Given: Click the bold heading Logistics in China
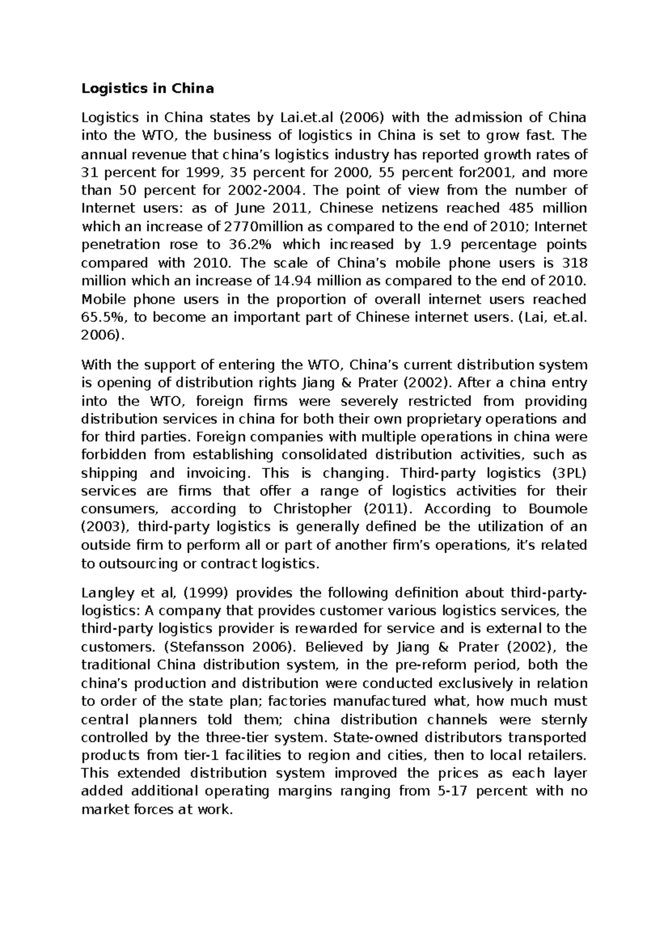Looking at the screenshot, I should [148, 88].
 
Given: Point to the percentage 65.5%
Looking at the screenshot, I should [101, 317].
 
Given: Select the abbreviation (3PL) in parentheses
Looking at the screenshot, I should [569, 473].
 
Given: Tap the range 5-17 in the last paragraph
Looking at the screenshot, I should [446, 791].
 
